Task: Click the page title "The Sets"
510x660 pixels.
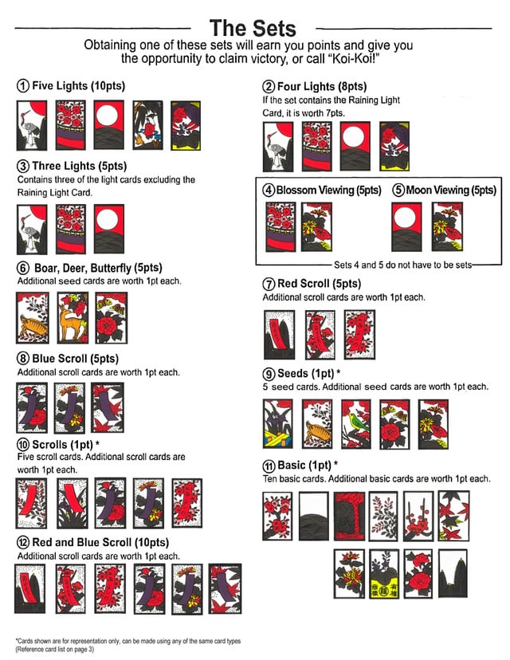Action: pyautogui.click(x=253, y=28)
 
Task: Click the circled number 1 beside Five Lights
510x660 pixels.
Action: pyautogui.click(x=23, y=86)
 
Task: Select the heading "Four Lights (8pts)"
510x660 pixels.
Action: pyautogui.click(x=322, y=86)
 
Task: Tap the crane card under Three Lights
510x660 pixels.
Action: pyautogui.click(x=32, y=229)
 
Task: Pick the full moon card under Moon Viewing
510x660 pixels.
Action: pyautogui.click(x=406, y=227)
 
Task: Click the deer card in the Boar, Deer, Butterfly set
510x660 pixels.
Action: pyautogui.click(x=73, y=318)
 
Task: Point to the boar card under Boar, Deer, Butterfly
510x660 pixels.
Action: pyautogui.click(x=33, y=318)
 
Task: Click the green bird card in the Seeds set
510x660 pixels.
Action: pyautogui.click(x=356, y=424)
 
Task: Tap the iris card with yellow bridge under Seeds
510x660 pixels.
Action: pyautogui.click(x=278, y=424)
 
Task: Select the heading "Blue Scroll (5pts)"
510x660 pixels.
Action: pyautogui.click(x=76, y=359)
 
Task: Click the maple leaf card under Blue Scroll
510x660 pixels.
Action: pyautogui.click(x=108, y=407)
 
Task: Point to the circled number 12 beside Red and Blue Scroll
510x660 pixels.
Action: pyautogui.click(x=23, y=543)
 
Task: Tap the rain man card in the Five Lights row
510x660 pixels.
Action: pyautogui.click(x=147, y=125)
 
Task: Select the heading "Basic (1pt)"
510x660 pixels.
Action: pyautogui.click(x=304, y=466)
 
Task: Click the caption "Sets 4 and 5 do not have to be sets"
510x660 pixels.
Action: pyautogui.click(x=402, y=265)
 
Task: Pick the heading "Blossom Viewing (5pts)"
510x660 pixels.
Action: pyautogui.click(x=328, y=191)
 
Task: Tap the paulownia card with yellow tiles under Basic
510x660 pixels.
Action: pyautogui.click(x=384, y=574)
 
